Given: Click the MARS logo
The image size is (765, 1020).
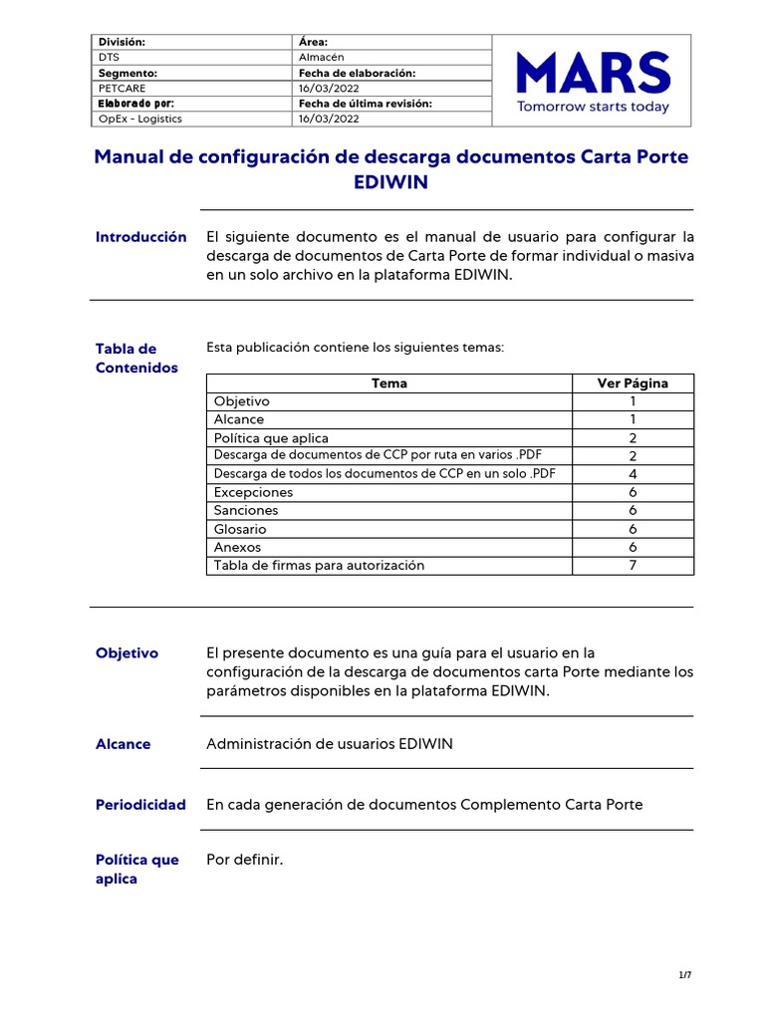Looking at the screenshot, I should click(x=594, y=72).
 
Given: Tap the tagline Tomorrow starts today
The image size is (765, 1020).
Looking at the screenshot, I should click(x=593, y=107).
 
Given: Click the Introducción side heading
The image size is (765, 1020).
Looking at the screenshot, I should click(x=140, y=237).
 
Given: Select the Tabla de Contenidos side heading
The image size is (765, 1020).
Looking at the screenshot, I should click(x=136, y=358).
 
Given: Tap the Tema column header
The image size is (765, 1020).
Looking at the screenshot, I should click(x=388, y=383).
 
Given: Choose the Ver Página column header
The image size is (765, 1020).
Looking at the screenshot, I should click(x=633, y=383).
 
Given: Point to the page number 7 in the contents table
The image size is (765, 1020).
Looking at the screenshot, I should click(x=633, y=566).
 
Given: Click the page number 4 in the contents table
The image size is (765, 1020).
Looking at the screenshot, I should click(x=633, y=474).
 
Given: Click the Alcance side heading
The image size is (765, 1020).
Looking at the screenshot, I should click(x=124, y=744).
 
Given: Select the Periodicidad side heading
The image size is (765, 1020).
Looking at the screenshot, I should click(x=140, y=805).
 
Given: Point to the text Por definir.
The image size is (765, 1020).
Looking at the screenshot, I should click(x=245, y=860).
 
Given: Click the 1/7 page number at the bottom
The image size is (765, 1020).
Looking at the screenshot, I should click(x=685, y=975).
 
